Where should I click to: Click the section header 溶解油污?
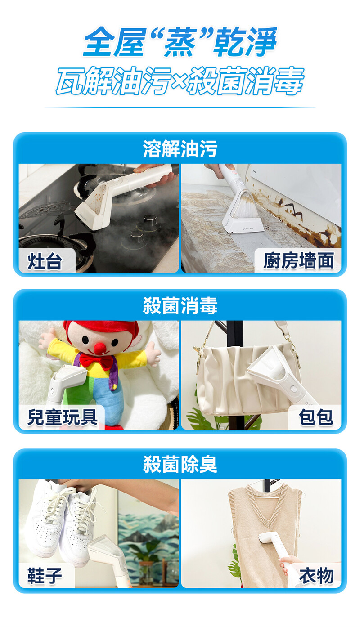(180, 148)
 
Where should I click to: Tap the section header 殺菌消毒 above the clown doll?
(180, 305)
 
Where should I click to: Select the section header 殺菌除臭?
(180, 464)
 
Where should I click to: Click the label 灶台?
(45, 261)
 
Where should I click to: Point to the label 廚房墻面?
(298, 260)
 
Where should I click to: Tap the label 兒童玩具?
(63, 417)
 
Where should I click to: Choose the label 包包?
(316, 417)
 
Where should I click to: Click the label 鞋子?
(45, 576)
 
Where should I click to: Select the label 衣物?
(316, 575)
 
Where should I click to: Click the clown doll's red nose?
(100, 349)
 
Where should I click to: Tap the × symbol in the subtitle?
(180, 81)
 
